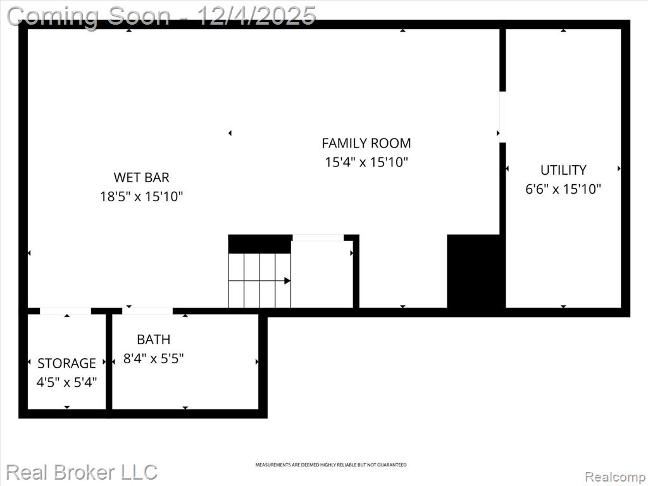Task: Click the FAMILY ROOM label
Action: click(366, 143)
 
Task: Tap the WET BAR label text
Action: click(141, 177)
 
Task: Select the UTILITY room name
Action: click(563, 170)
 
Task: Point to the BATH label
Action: click(153, 339)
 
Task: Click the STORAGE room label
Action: click(66, 363)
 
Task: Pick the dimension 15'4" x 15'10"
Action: click(366, 162)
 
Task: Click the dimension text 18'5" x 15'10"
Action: click(141, 196)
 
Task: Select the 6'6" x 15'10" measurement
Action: click(563, 189)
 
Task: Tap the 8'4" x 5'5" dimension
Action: click(153, 358)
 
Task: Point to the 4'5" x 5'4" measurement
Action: click(66, 382)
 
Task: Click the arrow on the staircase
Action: click(259, 281)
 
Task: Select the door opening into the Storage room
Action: click(65, 311)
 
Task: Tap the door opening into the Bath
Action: click(147, 311)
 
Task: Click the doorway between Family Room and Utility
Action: click(502, 117)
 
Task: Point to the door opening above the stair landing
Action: click(318, 238)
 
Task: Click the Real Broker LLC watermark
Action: click(82, 472)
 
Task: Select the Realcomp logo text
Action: click(616, 477)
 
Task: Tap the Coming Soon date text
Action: click(161, 16)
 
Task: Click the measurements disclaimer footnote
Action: click(330, 465)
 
